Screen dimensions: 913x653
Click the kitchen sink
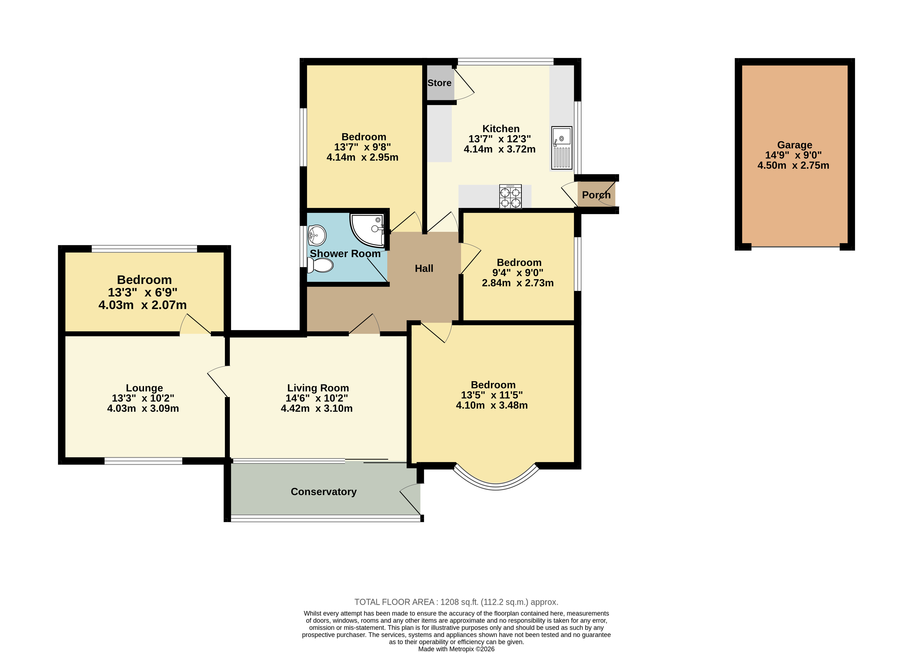tap(562, 148)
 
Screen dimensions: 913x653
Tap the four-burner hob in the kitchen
tap(510, 196)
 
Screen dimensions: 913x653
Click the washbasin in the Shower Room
tap(317, 235)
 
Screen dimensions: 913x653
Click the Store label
tap(439, 83)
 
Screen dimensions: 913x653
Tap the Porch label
tap(596, 195)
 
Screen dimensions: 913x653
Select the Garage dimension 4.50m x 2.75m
tap(793, 165)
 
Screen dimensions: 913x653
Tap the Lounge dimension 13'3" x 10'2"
tap(143, 398)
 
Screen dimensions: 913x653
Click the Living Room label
tap(318, 388)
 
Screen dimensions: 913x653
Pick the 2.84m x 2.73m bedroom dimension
tap(518, 283)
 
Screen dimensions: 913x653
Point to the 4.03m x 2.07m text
tap(143, 305)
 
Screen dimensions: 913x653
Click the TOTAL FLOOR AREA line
tap(456, 602)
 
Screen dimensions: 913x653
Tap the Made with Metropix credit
tap(456, 649)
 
